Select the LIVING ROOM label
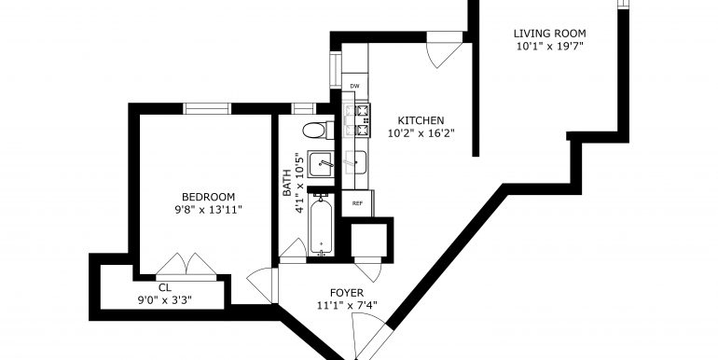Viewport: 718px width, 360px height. tap(549, 33)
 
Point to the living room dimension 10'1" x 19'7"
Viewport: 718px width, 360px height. tap(549, 46)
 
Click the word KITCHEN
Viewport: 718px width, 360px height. tap(420, 120)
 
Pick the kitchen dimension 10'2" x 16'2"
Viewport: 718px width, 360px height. tap(420, 133)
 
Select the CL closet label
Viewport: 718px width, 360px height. tap(164, 287)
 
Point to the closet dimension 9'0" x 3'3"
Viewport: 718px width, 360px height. tap(164, 300)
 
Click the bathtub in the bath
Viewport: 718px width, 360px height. tap(321, 224)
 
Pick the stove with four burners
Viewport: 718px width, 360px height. tap(356, 115)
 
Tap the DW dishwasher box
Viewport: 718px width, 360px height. tap(355, 87)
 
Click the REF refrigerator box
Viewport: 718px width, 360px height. tap(357, 202)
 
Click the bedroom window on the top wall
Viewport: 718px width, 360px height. tap(207, 109)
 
